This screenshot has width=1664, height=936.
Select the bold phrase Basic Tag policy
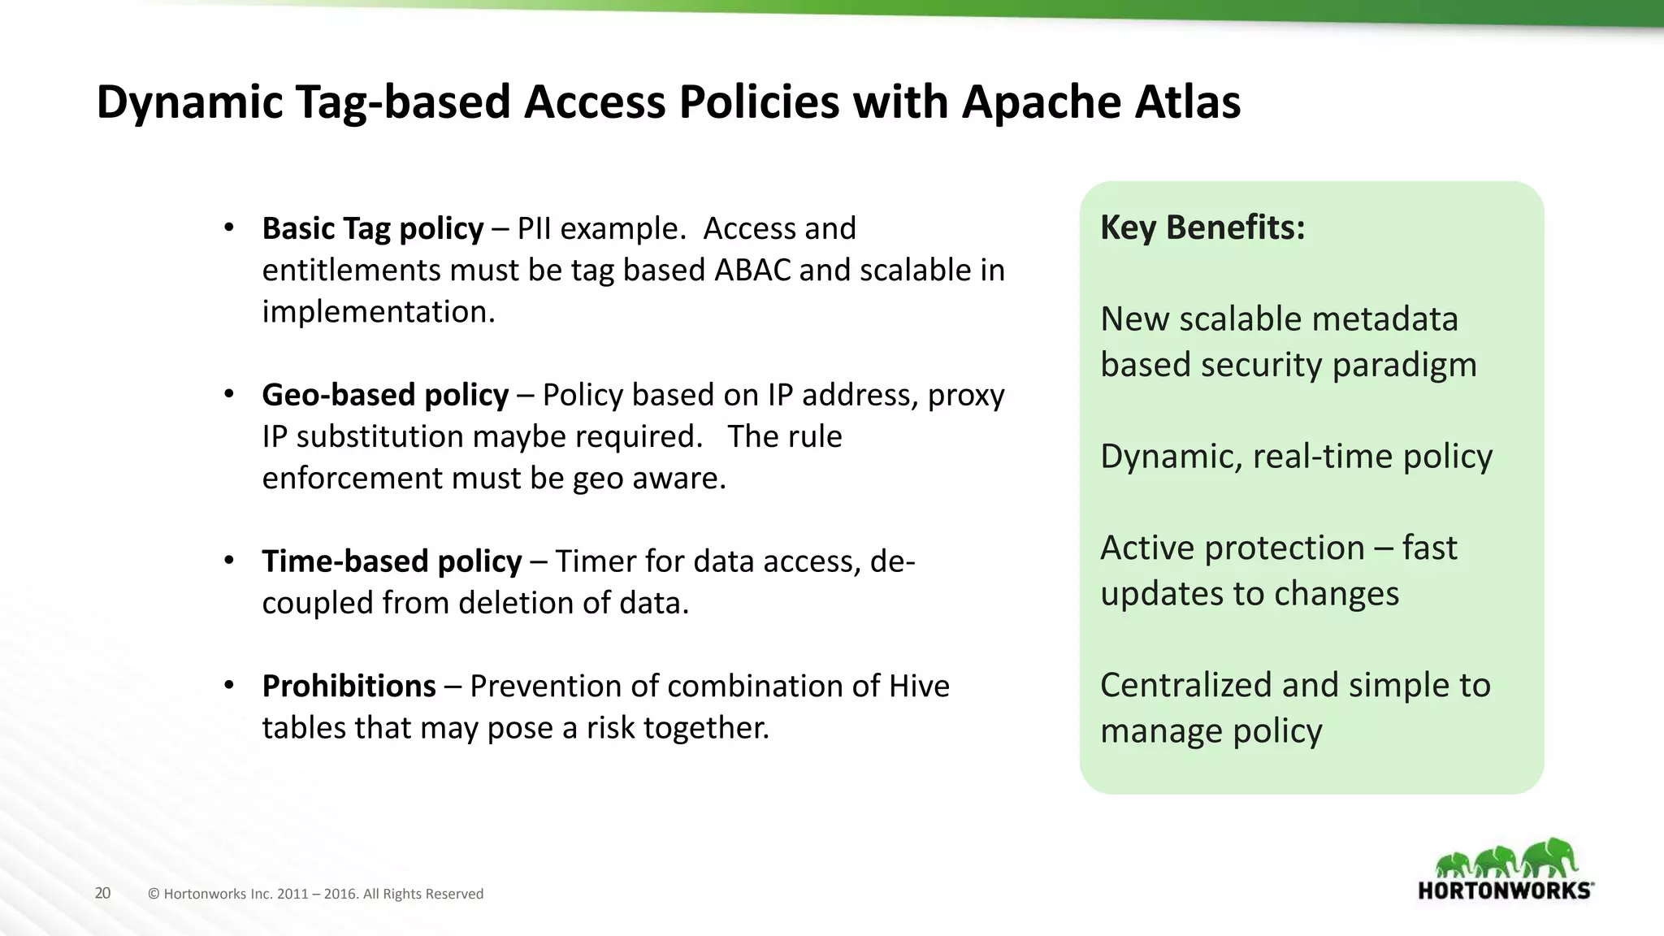pyautogui.click(x=372, y=229)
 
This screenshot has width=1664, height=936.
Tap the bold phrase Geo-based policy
pyautogui.click(x=385, y=395)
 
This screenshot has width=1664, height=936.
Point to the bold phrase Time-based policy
pyautogui.click(x=392, y=561)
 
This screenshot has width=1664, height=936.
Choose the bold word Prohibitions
pyautogui.click(x=349, y=687)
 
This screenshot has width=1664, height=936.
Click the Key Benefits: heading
pyautogui.click(x=1202, y=227)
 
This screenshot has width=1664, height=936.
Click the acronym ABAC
pyautogui.click(x=752, y=271)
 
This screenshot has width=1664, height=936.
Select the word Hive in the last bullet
pyautogui.click(x=919, y=687)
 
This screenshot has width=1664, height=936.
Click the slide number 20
pyautogui.click(x=102, y=894)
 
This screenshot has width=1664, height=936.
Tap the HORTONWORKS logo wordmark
pyautogui.click(x=1505, y=890)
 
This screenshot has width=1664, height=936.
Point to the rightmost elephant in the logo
pyautogui.click(x=1549, y=858)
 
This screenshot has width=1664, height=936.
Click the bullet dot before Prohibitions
pyautogui.click(x=229, y=686)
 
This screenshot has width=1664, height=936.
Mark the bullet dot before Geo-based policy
pyautogui.click(x=229, y=395)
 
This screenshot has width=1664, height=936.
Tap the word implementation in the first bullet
pyautogui.click(x=378, y=312)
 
